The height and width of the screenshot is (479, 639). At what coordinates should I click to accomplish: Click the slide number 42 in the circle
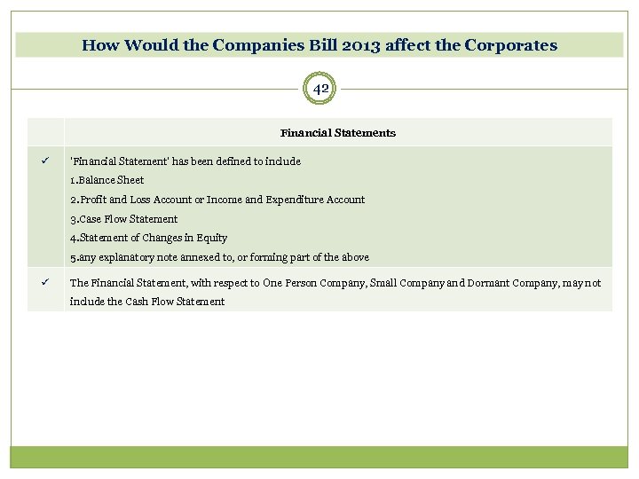point(320,89)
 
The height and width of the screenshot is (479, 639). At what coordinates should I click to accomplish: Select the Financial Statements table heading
point(338,133)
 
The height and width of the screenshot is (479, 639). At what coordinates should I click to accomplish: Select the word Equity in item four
point(212,238)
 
